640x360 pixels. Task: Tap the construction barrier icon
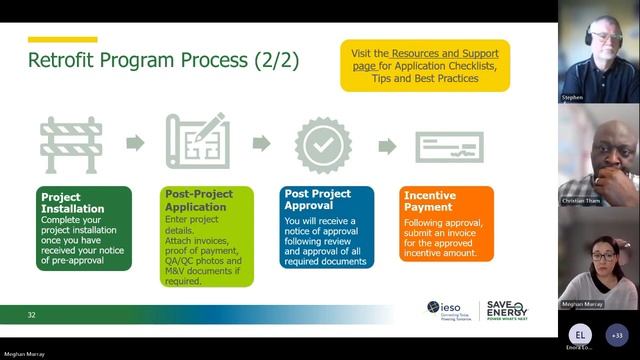coord(71,145)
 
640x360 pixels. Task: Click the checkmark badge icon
coord(323,145)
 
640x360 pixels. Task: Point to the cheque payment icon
coord(449,146)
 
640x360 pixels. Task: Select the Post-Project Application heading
coord(200,202)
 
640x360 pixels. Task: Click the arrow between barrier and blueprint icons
coord(135,144)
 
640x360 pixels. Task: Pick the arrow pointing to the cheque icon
coord(387,146)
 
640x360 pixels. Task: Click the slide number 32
coord(32,315)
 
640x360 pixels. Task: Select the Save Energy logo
coord(506,310)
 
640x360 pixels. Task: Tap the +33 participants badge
coord(616,334)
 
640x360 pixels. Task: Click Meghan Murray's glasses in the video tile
coord(603,255)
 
